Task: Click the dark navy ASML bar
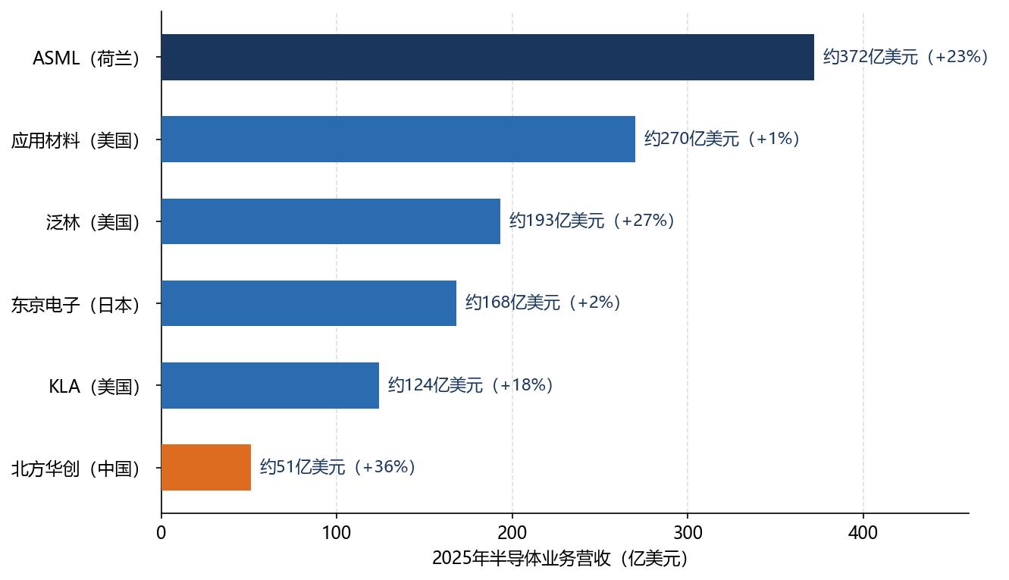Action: point(488,57)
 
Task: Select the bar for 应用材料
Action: point(398,140)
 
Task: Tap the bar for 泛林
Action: point(331,221)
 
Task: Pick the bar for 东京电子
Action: point(309,303)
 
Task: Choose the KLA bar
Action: point(271,385)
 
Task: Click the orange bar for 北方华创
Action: point(206,467)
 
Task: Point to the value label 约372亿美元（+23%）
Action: point(905,57)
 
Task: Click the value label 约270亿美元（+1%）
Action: point(722,139)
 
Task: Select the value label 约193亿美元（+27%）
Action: point(591,221)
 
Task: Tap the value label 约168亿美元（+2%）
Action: point(543,303)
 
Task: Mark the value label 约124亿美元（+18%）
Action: point(470,385)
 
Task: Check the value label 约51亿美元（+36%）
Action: point(337,467)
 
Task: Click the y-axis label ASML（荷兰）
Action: point(86,58)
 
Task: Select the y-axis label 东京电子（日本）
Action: point(75,305)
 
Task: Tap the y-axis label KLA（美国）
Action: point(94,387)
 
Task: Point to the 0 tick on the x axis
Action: point(161,533)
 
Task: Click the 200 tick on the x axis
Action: point(512,533)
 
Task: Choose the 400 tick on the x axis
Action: point(863,533)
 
